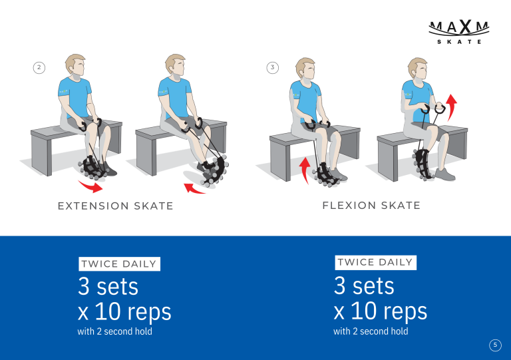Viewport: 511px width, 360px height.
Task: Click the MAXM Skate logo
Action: tap(459, 32)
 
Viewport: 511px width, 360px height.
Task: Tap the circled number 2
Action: tap(39, 68)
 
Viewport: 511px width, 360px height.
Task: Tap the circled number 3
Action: tap(272, 68)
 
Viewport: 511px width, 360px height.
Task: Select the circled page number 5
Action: tap(495, 345)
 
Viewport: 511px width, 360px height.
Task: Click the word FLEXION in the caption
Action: tap(349, 206)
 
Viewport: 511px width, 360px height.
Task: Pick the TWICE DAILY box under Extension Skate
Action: tap(119, 264)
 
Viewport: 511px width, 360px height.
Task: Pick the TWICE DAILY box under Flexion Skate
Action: tap(375, 262)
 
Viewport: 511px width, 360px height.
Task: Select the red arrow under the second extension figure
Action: tap(194, 189)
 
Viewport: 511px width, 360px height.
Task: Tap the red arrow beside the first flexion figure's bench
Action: tap(305, 170)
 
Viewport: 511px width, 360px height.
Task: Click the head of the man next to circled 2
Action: tap(75, 65)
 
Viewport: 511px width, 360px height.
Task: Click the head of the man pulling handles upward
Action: tap(417, 69)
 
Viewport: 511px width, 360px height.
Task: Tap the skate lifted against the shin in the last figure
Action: tap(423, 164)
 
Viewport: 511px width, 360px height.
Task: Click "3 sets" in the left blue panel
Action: tap(108, 286)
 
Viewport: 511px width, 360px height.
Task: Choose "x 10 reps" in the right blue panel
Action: tap(381, 311)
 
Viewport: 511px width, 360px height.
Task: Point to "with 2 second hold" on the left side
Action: tap(114, 331)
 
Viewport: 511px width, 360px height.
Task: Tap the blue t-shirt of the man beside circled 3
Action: tap(305, 100)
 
